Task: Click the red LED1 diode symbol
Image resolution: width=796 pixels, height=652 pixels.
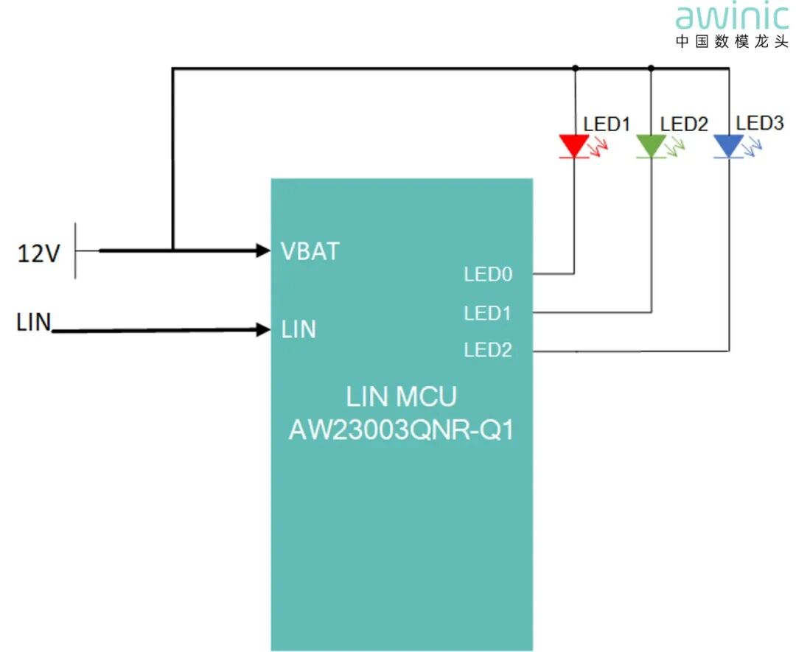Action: click(x=574, y=146)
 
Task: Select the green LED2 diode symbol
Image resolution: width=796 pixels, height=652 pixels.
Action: click(x=651, y=146)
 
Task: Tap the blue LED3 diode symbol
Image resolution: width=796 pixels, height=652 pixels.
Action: click(x=729, y=146)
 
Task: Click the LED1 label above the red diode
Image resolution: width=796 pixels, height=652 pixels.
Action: click(x=607, y=125)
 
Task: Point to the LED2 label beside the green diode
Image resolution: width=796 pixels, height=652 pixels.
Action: click(x=684, y=125)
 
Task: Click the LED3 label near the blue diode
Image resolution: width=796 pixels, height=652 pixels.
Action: click(x=760, y=123)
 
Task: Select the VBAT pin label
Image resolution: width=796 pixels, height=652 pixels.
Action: click(x=310, y=251)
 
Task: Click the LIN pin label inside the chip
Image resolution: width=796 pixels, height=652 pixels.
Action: click(x=298, y=330)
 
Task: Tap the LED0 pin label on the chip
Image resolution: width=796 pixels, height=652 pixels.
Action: click(x=487, y=275)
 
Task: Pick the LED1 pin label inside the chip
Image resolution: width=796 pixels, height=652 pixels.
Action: click(x=487, y=314)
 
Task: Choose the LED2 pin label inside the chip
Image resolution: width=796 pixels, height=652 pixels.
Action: click(x=487, y=351)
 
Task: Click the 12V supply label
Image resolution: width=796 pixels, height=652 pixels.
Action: click(x=39, y=254)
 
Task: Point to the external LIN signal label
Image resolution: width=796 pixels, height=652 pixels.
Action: click(x=34, y=323)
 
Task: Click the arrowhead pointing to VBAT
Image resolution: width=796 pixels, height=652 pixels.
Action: click(x=263, y=250)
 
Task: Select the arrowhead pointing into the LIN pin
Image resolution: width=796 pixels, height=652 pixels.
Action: click(x=263, y=330)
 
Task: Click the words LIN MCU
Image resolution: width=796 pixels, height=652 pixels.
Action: click(x=401, y=396)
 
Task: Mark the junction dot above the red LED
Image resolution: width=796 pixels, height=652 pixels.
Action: click(x=575, y=69)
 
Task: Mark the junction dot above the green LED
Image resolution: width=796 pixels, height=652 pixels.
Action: click(x=651, y=69)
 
